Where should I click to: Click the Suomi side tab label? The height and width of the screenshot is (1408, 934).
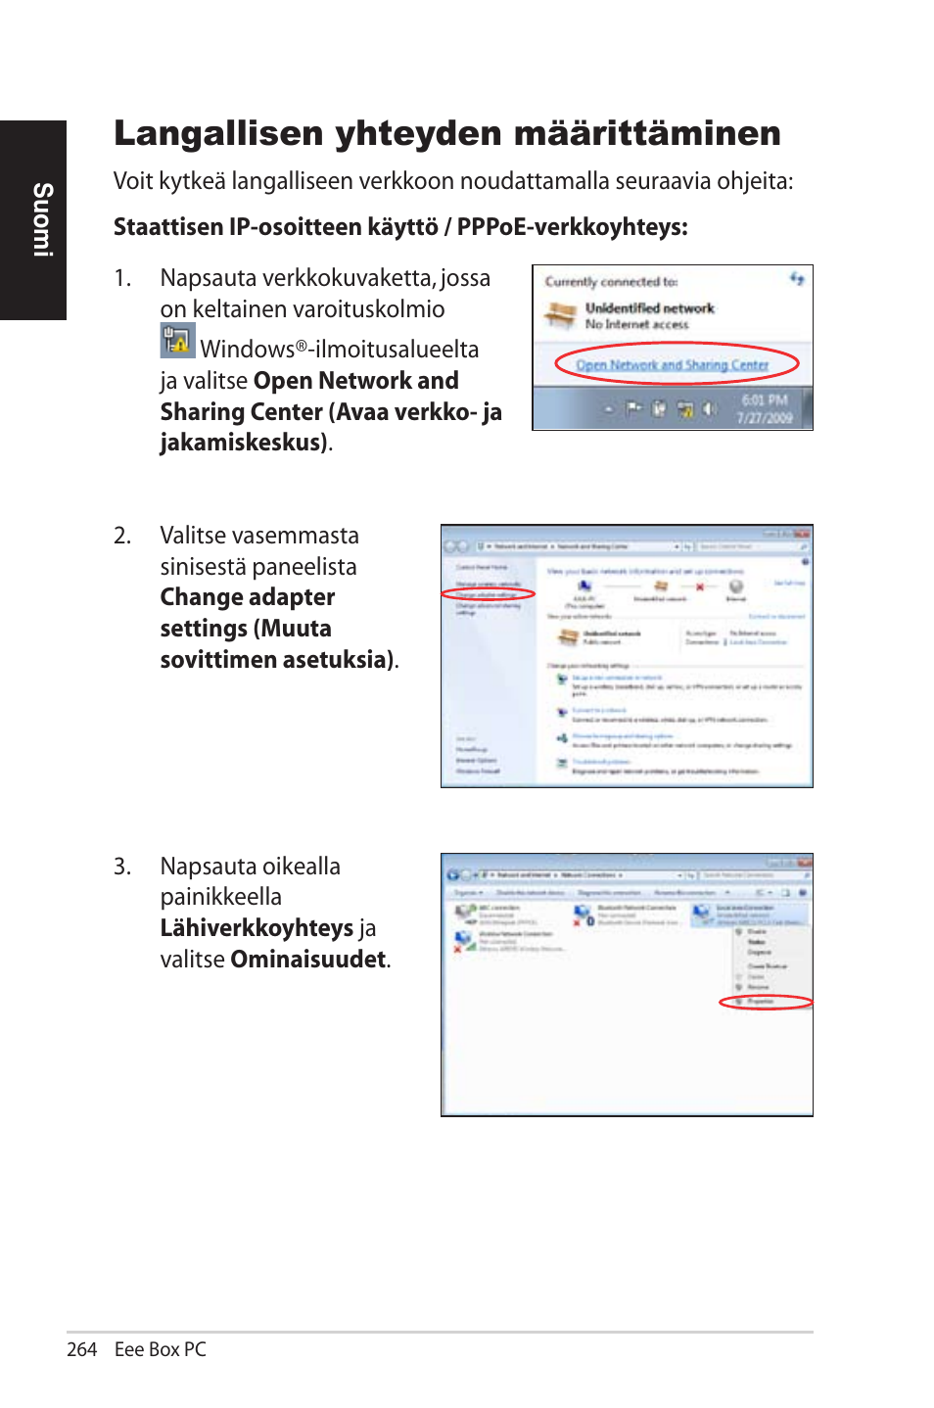pyautogui.click(x=42, y=219)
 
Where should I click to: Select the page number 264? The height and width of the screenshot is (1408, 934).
pyautogui.click(x=81, y=1349)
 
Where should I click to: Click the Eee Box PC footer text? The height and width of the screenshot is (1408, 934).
pyautogui.click(x=161, y=1349)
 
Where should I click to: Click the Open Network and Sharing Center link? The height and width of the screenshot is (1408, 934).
pyautogui.click(x=672, y=365)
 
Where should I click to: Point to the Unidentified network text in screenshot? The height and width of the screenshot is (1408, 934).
pyautogui.click(x=649, y=307)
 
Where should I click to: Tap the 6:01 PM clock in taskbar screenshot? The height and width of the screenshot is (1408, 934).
pyautogui.click(x=764, y=400)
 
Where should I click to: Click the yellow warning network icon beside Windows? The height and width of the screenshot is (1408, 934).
pyautogui.click(x=177, y=341)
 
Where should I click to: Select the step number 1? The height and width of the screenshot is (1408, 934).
pyautogui.click(x=121, y=279)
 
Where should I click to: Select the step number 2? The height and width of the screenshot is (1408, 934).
pyautogui.click(x=121, y=537)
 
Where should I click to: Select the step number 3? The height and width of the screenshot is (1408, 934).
pyautogui.click(x=121, y=868)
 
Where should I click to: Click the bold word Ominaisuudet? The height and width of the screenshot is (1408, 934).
pyautogui.click(x=308, y=960)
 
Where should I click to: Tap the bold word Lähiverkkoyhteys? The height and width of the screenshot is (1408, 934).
pyautogui.click(x=257, y=928)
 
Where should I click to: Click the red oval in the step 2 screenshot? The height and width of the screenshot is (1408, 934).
pyautogui.click(x=488, y=594)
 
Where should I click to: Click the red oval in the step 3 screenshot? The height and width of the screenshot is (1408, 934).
pyautogui.click(x=766, y=1002)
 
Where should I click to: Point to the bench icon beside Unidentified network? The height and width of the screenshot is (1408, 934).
pyautogui.click(x=561, y=315)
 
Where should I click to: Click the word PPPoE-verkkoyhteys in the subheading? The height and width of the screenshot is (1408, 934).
pyautogui.click(x=572, y=227)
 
